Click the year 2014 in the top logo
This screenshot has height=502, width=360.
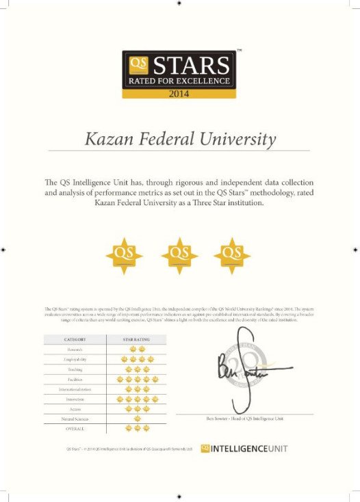[x=179, y=94]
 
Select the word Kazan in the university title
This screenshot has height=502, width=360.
[x=107, y=140]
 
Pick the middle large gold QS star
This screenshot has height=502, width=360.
[x=179, y=253]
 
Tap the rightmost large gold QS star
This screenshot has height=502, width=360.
[x=232, y=253]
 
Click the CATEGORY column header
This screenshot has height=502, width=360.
[x=75, y=339]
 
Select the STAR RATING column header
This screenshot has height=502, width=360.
[x=136, y=339]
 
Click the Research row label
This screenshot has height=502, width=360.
[x=75, y=349]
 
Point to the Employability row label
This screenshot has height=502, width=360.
[x=75, y=358]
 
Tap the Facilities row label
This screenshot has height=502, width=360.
[x=75, y=378]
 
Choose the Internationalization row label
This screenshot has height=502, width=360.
[x=75, y=388]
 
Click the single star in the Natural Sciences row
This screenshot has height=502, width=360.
[x=136, y=418]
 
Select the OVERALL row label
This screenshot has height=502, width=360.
[x=75, y=428]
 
